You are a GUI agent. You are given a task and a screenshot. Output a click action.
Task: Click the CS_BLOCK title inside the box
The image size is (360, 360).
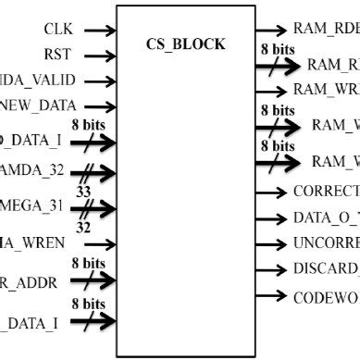(185, 44)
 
